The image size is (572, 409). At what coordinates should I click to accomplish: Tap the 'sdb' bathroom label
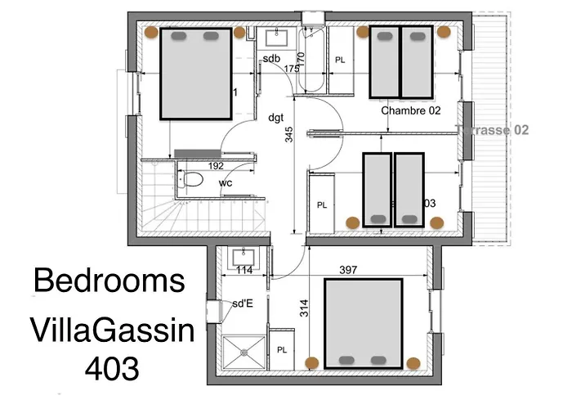pyautogui.click(x=271, y=58)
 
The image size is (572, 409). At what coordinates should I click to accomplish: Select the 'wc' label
pyautogui.click(x=226, y=182)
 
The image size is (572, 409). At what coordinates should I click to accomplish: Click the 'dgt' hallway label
pyautogui.click(x=275, y=117)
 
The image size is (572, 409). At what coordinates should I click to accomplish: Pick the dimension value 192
pyautogui.click(x=216, y=165)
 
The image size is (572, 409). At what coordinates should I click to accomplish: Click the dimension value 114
pyautogui.click(x=244, y=270)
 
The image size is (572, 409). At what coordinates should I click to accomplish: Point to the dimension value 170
pyautogui.click(x=300, y=60)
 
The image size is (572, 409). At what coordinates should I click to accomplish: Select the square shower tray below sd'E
pyautogui.click(x=243, y=353)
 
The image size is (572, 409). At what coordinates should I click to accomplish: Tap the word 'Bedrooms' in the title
pyautogui.click(x=109, y=281)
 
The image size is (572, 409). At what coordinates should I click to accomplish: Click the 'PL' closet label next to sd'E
pyautogui.click(x=282, y=349)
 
